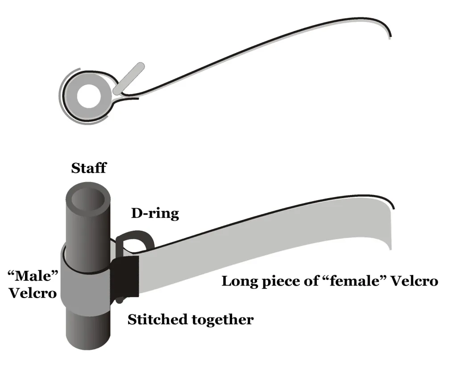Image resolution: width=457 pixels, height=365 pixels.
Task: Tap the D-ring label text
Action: point(155,214)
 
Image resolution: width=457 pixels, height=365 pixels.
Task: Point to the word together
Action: point(221,320)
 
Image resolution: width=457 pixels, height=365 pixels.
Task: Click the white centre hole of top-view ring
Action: point(87,95)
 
